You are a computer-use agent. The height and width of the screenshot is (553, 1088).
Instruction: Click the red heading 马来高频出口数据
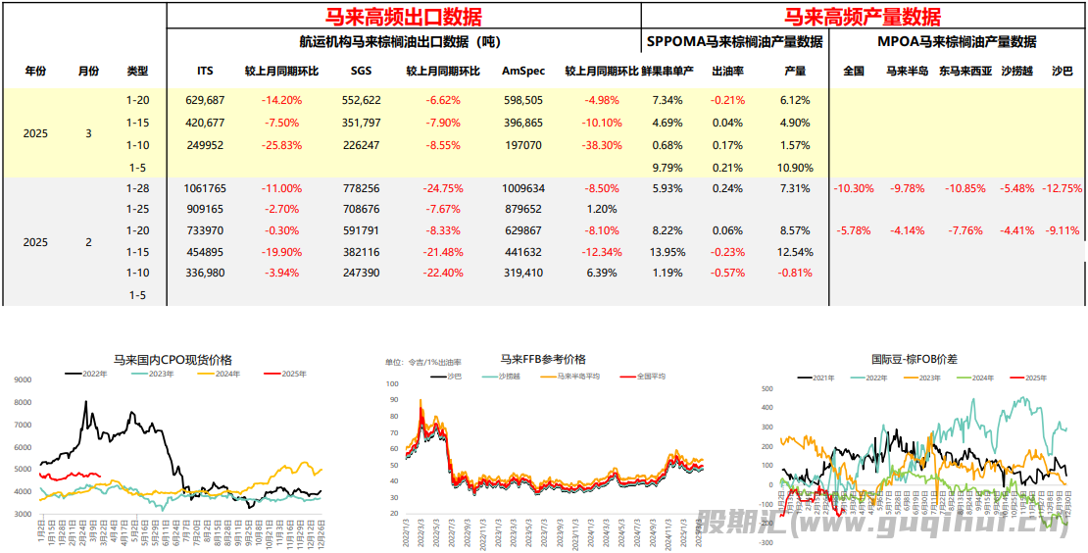click(404, 16)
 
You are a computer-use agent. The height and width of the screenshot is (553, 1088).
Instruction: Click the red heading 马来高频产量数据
click(863, 16)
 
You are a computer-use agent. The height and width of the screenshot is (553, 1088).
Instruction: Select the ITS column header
click(205, 71)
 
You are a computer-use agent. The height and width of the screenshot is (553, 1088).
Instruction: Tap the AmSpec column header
click(522, 71)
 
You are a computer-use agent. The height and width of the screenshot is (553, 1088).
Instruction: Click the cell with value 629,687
click(205, 100)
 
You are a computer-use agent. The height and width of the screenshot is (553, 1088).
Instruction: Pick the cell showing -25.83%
click(281, 145)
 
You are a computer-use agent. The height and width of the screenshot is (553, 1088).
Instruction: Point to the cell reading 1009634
click(522, 188)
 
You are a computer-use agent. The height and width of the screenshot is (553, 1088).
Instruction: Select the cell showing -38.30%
click(602, 145)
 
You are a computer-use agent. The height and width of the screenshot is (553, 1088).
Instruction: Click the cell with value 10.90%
click(795, 167)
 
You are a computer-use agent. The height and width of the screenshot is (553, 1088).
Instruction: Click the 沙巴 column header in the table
click(1062, 71)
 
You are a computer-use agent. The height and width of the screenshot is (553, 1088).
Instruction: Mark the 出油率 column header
click(726, 71)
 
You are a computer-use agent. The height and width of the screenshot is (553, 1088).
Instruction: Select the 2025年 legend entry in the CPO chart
click(285, 374)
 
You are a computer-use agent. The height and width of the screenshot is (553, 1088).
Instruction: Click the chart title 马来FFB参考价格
click(543, 359)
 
